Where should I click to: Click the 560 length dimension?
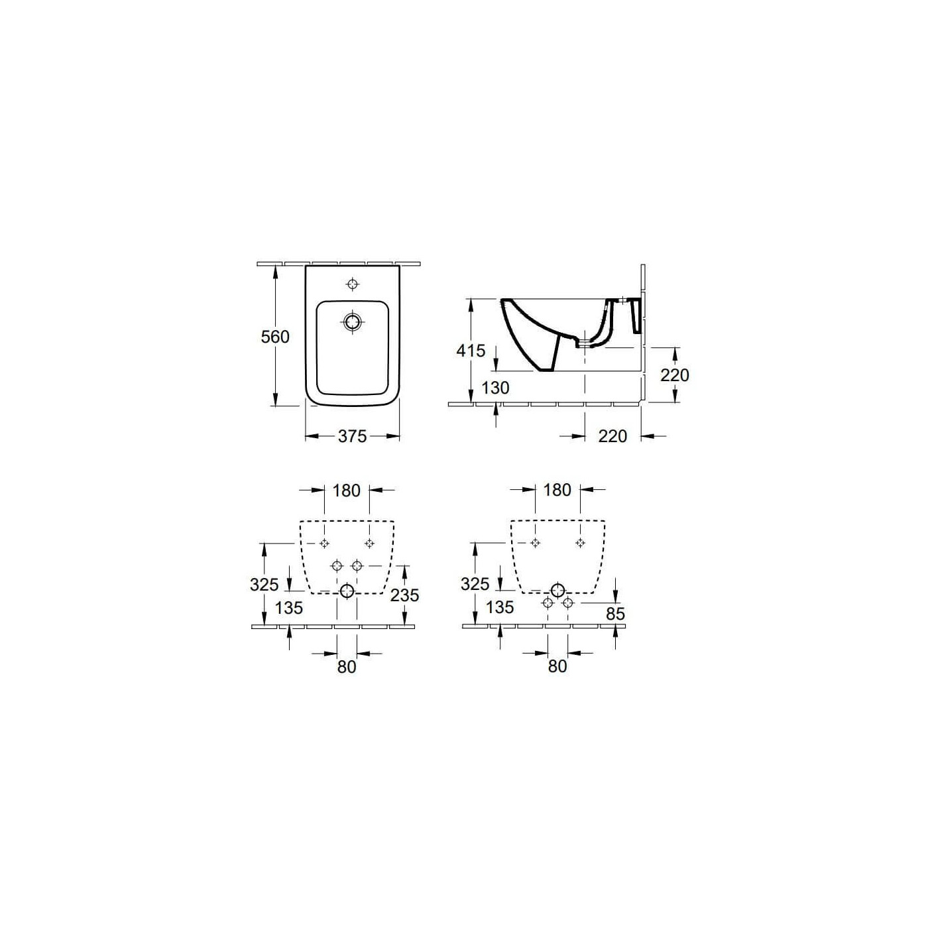tap(275, 337)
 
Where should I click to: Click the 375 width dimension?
tap(353, 436)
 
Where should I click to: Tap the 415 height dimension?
tap(471, 351)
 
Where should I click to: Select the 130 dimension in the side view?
tap(495, 388)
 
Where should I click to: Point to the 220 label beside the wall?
tap(675, 375)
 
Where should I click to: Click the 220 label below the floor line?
tap(612, 436)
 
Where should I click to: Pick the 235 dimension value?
tap(404, 595)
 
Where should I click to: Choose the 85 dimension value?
tap(615, 614)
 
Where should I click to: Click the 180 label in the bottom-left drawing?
tap(346, 491)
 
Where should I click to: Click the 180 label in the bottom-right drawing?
tap(557, 491)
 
